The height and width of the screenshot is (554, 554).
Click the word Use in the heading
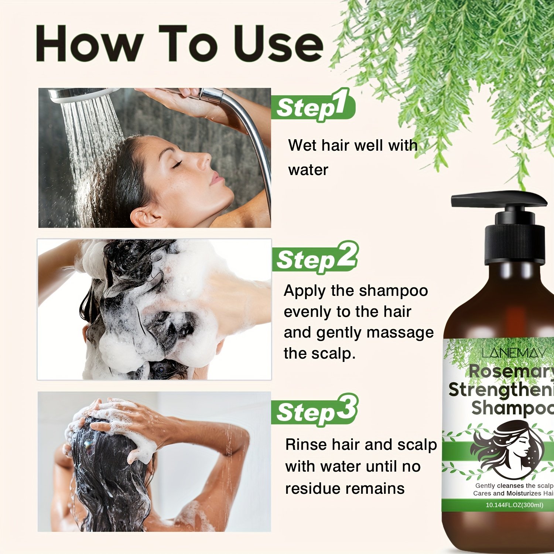(279, 44)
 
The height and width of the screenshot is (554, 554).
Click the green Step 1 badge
(313, 106)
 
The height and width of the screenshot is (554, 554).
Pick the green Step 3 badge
(315, 410)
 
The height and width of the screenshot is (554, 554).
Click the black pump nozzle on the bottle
(499, 200)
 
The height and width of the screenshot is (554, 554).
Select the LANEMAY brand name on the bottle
(514, 353)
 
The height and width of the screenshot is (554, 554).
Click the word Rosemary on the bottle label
(512, 372)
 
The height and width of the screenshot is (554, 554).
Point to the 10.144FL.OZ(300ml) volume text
(514, 505)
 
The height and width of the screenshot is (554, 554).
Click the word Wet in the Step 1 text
(302, 145)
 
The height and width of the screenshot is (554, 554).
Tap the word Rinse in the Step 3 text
(306, 445)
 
